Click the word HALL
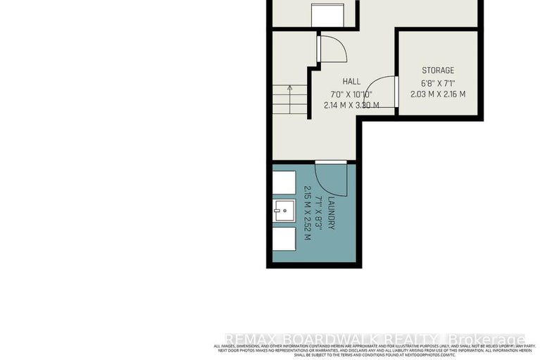[x=351, y=82]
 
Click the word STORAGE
[x=438, y=70]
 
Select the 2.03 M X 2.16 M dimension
[x=438, y=94]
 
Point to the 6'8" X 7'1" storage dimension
[x=438, y=82]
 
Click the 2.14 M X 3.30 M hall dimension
[x=351, y=105]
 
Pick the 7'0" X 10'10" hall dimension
[x=351, y=94]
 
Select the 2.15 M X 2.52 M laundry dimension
[x=307, y=213]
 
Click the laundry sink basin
[x=284, y=211]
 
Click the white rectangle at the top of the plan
[x=327, y=14]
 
